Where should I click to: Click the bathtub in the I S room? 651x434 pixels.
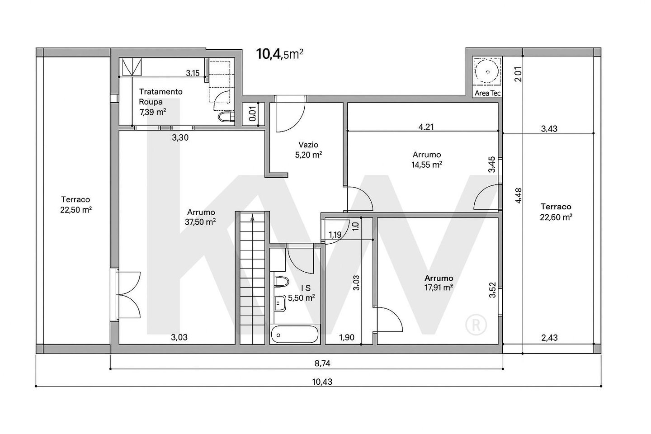pyautogui.click(x=295, y=335)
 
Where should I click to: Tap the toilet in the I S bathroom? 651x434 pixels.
pyautogui.click(x=281, y=281)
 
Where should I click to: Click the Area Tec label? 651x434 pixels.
pyautogui.click(x=487, y=93)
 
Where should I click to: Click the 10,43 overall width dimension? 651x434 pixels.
pyautogui.click(x=322, y=382)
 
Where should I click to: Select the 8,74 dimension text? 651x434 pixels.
pyautogui.click(x=322, y=363)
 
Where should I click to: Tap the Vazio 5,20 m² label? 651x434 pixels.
pyautogui.click(x=308, y=150)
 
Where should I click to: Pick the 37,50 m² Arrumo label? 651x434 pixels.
pyautogui.click(x=200, y=217)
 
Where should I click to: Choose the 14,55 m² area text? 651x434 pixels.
pyautogui.click(x=427, y=165)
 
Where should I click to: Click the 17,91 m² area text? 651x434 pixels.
pyautogui.click(x=439, y=288)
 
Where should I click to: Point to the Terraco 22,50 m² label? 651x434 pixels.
pyautogui.click(x=76, y=205)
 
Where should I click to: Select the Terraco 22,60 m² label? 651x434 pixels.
pyautogui.click(x=556, y=212)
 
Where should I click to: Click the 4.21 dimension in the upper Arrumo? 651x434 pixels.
pyautogui.click(x=426, y=127)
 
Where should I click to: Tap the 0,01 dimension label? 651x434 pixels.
pyautogui.click(x=253, y=113)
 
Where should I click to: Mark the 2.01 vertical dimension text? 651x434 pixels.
pyautogui.click(x=518, y=75)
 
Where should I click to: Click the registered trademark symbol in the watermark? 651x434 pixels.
pyautogui.click(x=476, y=325)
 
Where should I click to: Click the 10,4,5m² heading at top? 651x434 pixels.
pyautogui.click(x=279, y=54)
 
